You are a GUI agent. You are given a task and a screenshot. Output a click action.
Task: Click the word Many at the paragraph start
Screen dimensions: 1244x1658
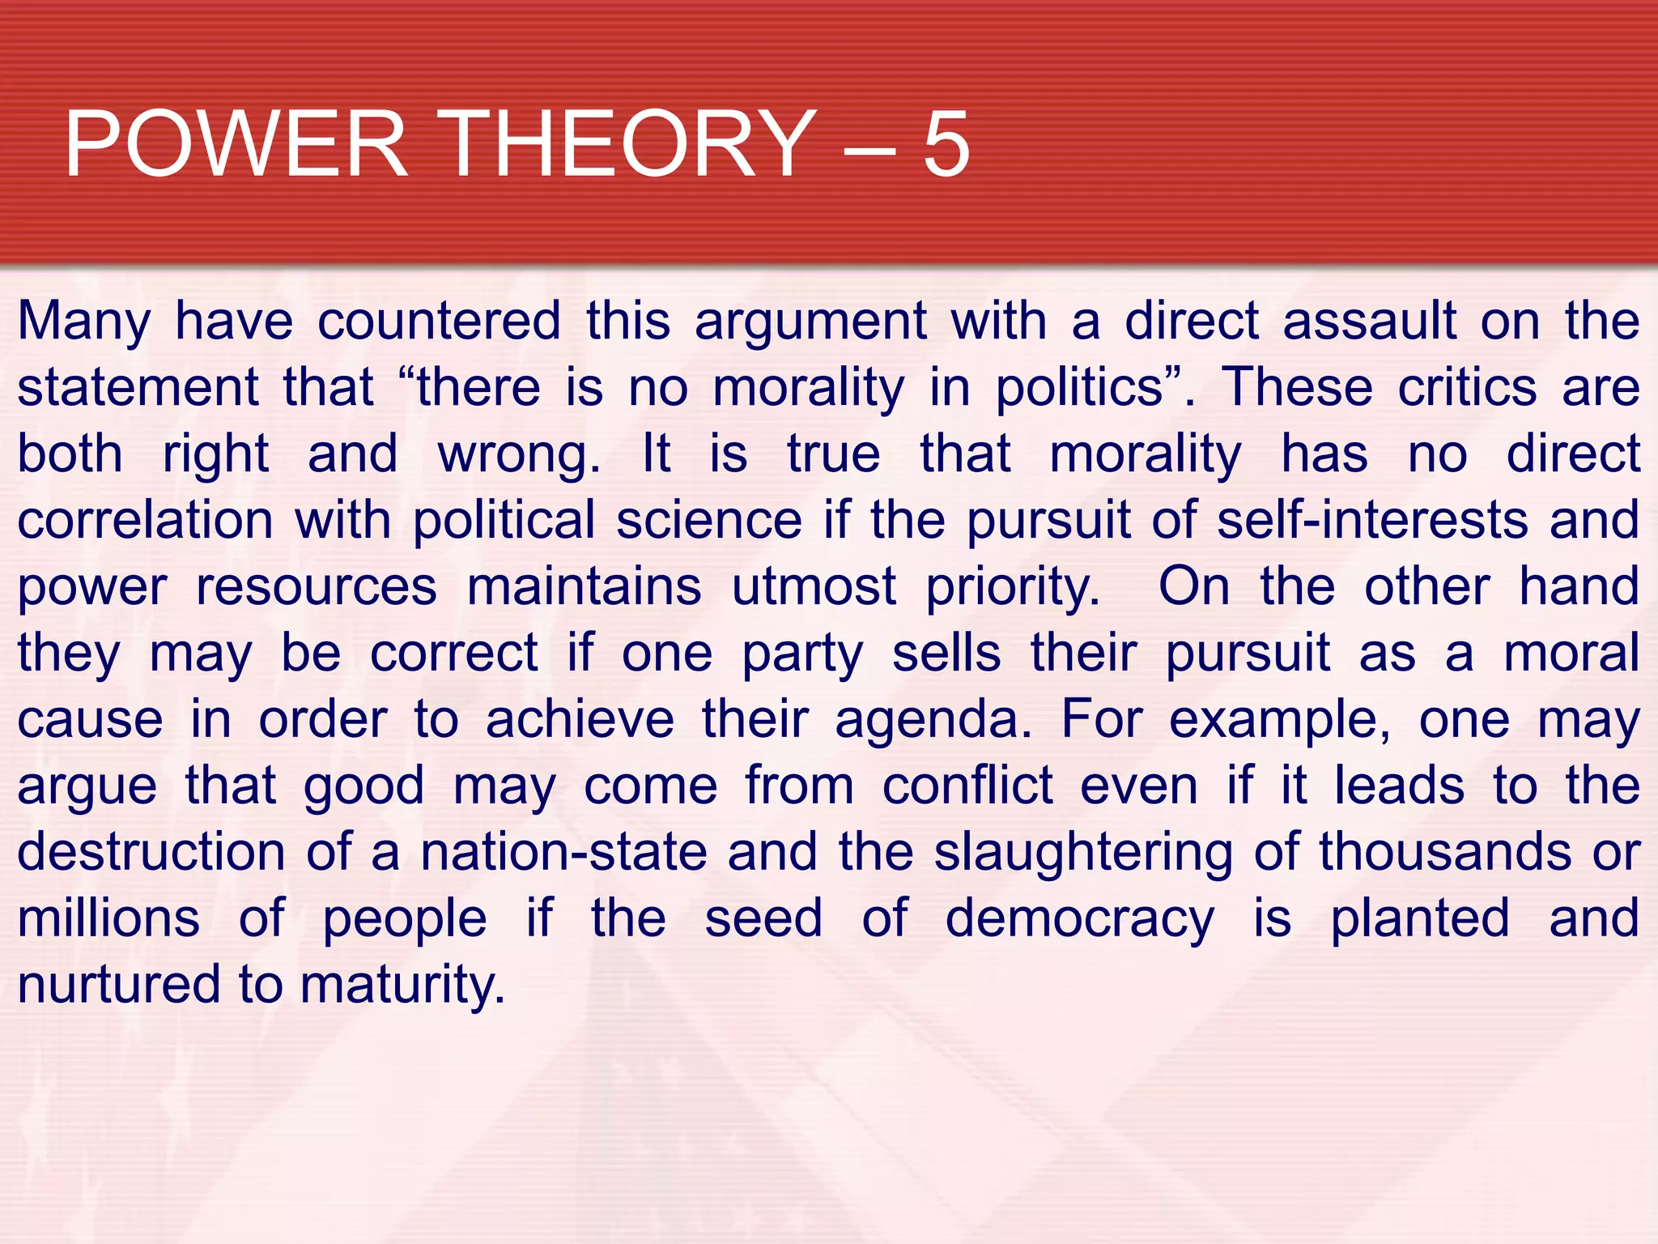(84, 322)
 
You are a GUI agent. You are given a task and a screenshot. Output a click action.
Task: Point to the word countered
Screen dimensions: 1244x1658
(439, 321)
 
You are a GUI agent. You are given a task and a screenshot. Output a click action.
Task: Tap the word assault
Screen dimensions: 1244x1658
(1370, 321)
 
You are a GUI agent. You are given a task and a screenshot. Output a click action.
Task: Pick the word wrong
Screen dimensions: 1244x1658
(518, 455)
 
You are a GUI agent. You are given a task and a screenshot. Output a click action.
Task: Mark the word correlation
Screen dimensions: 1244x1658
(146, 520)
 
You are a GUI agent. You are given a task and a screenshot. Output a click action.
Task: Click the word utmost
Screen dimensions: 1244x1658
(814, 586)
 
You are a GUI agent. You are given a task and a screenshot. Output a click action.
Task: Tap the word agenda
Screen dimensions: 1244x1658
(933, 721)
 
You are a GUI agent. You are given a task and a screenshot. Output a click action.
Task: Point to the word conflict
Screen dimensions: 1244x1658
(967, 786)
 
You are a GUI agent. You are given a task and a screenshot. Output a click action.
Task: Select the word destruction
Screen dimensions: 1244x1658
(151, 852)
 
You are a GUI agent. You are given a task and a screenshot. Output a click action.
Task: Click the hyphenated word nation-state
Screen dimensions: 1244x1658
(564, 852)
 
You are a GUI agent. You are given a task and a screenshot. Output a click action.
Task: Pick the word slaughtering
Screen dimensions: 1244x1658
(1083, 854)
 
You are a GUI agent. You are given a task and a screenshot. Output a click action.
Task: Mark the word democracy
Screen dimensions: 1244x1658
(1079, 920)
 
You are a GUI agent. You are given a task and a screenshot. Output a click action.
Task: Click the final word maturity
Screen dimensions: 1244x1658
(402, 986)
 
